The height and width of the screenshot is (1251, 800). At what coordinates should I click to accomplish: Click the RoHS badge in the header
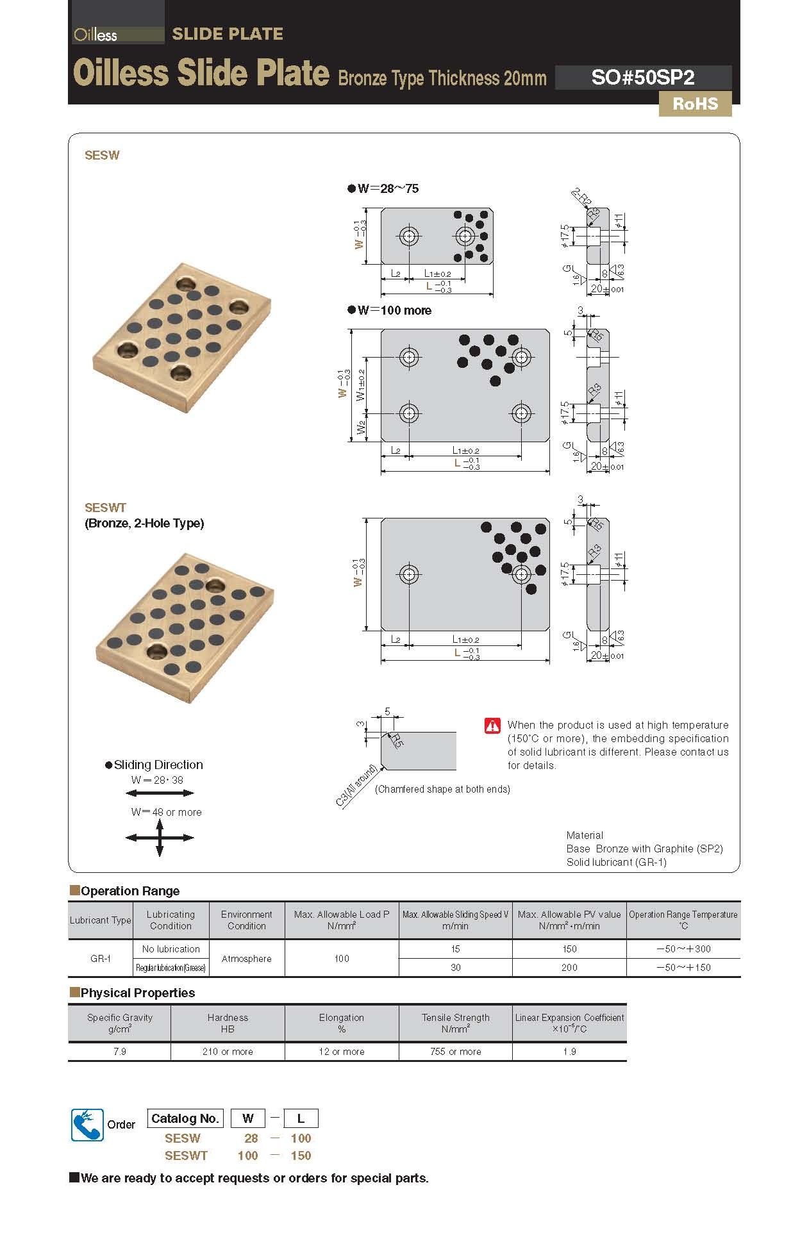pyautogui.click(x=695, y=104)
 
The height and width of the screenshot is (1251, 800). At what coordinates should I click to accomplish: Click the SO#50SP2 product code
pyautogui.click(x=642, y=78)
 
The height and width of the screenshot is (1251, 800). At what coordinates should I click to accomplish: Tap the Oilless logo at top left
pyautogui.click(x=96, y=35)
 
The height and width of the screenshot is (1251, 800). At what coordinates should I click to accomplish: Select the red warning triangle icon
pyautogui.click(x=492, y=725)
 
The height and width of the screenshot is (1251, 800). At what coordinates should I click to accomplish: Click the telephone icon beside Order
pyautogui.click(x=87, y=1124)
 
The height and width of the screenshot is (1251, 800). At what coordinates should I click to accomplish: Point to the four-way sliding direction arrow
pyautogui.click(x=160, y=837)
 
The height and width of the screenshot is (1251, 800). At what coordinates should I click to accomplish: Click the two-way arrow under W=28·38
pyautogui.click(x=160, y=793)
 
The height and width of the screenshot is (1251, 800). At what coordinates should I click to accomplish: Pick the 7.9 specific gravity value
pyautogui.click(x=119, y=1052)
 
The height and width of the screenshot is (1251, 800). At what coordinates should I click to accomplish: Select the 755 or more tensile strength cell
pyautogui.click(x=455, y=1052)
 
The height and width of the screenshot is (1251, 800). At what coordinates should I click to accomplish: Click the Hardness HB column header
pyautogui.click(x=228, y=1023)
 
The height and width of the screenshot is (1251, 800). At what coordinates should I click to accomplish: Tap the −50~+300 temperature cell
pyautogui.click(x=683, y=949)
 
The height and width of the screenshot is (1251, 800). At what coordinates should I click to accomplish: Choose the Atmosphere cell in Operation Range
pyautogui.click(x=246, y=959)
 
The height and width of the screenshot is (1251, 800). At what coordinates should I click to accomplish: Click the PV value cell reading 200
pyautogui.click(x=569, y=968)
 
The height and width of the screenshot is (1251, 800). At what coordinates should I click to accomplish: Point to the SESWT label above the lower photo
pyautogui.click(x=106, y=508)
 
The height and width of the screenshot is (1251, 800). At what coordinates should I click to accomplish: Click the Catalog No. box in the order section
pyautogui.click(x=185, y=1118)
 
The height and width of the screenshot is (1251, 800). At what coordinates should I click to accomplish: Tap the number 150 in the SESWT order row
pyautogui.click(x=301, y=1156)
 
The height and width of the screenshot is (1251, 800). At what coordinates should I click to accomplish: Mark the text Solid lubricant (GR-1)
pyautogui.click(x=616, y=862)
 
